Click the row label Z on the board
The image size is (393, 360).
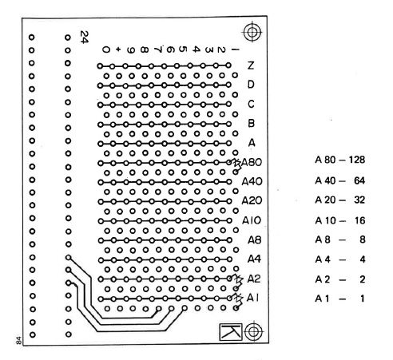tap(251, 65)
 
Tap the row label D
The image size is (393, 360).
tap(251, 85)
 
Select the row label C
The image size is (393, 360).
tap(251, 104)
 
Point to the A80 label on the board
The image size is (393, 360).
tap(252, 162)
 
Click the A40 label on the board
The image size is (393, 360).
tap(252, 181)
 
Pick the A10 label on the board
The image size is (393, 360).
tap(252, 220)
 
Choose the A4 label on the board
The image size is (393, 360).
tap(254, 259)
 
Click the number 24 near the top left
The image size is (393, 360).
tap(84, 37)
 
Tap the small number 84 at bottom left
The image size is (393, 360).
tap(18, 340)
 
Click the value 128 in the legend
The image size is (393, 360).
tap(356, 160)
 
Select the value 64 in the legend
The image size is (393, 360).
tap(359, 180)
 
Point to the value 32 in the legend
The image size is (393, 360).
tap(359, 200)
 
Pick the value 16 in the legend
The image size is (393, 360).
tap(359, 220)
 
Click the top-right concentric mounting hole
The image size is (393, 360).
tap(252, 32)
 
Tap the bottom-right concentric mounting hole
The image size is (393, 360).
tap(253, 331)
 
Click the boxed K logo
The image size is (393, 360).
tap(231, 331)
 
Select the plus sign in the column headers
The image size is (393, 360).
tap(118, 49)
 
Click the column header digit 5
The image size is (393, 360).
tap(182, 49)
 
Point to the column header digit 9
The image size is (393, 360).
tap(131, 49)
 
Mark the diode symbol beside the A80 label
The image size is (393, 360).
tap(236, 163)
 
